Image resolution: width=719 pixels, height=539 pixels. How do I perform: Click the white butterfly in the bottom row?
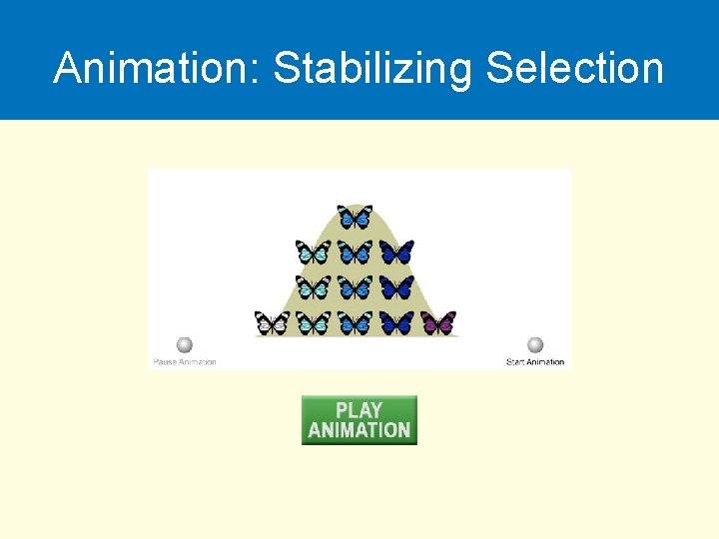(x=272, y=322)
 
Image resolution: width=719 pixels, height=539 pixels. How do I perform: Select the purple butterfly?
(x=437, y=322)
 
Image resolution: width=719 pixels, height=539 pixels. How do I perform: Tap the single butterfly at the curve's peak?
(x=355, y=217)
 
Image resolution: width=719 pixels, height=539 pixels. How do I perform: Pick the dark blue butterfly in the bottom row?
(x=396, y=322)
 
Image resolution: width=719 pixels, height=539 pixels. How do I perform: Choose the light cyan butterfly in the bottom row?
(x=314, y=322)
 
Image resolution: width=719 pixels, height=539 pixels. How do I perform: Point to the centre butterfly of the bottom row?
(x=355, y=322)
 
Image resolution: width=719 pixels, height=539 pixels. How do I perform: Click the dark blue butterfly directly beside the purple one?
(x=396, y=322)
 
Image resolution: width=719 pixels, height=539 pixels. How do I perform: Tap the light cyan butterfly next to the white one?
(x=314, y=322)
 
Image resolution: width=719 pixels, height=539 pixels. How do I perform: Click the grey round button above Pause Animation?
(x=184, y=345)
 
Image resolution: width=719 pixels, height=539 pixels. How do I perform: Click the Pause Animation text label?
(x=185, y=361)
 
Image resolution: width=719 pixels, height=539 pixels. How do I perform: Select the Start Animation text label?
(x=535, y=361)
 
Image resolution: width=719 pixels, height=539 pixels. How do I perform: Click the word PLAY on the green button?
(x=359, y=410)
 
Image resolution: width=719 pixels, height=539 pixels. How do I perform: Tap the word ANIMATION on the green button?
(x=359, y=430)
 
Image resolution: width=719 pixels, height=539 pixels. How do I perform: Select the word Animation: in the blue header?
(x=158, y=69)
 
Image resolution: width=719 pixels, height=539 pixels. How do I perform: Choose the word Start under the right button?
(x=515, y=361)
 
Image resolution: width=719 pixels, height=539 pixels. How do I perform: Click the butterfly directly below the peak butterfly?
(x=355, y=253)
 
